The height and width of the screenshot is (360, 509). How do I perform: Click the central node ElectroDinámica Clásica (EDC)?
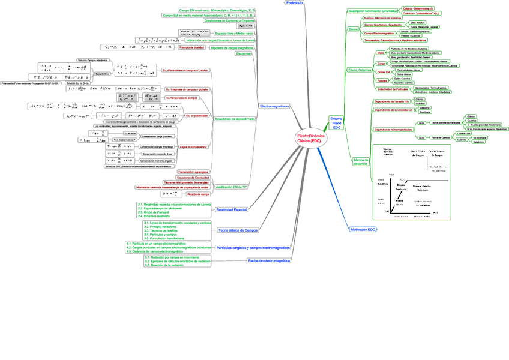309,139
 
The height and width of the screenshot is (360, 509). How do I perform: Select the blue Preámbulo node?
294,3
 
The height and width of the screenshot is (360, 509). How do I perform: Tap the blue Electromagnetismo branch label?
275,106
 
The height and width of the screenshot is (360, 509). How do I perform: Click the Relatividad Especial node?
231,210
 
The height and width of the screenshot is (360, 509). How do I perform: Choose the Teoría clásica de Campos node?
238,230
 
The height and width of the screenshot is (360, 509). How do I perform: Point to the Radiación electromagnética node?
269,261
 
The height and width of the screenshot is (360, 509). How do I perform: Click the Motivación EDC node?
363,230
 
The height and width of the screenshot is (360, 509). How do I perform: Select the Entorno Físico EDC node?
337,123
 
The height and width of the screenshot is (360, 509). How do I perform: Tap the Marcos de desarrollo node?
361,161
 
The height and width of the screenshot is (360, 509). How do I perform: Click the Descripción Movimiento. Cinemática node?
373,11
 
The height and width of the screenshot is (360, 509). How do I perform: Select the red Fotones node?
382,80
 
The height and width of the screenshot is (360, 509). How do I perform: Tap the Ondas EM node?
383,71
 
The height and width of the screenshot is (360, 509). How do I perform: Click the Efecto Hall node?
244,53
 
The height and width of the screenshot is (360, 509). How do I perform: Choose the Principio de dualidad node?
193,47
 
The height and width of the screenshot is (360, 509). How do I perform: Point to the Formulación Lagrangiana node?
193,172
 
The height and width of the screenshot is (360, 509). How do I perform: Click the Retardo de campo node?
197,194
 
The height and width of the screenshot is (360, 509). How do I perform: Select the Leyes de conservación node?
193,146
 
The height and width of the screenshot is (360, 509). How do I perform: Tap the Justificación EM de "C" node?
232,187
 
